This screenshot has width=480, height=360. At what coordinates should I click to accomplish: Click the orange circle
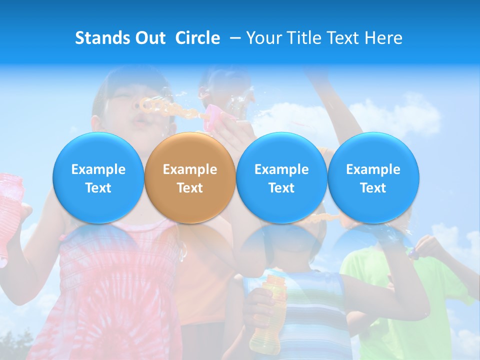pos(189,178)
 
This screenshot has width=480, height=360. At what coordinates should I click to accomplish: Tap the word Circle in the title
pos(197,38)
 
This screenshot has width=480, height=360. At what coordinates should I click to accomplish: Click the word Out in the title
pos(148,38)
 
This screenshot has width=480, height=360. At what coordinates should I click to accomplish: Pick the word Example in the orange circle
pos(189,169)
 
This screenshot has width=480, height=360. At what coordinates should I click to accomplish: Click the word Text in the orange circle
pos(189,188)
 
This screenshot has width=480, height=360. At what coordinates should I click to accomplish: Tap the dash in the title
pos(232,38)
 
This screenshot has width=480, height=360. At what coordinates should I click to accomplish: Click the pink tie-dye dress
pos(115,290)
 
